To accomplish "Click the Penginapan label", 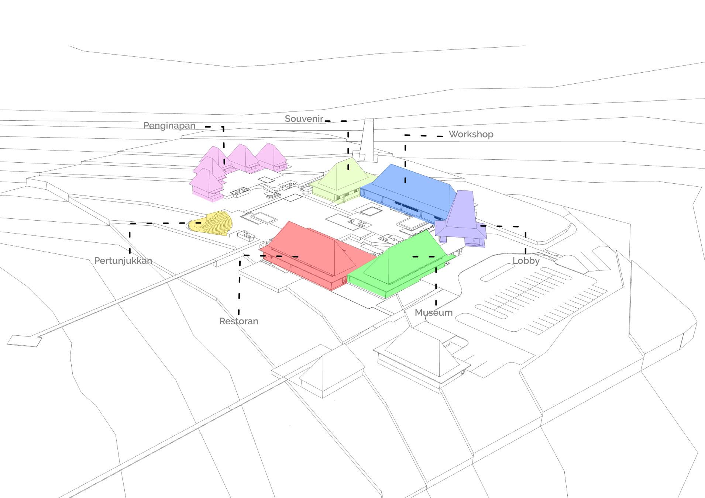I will tap(169, 126).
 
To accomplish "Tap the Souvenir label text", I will tap(304, 119).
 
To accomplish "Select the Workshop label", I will tap(471, 134).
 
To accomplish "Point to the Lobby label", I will tap(526, 261).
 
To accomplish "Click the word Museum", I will tap(434, 313).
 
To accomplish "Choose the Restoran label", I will tap(239, 321).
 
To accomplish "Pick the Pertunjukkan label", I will tap(123, 261).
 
